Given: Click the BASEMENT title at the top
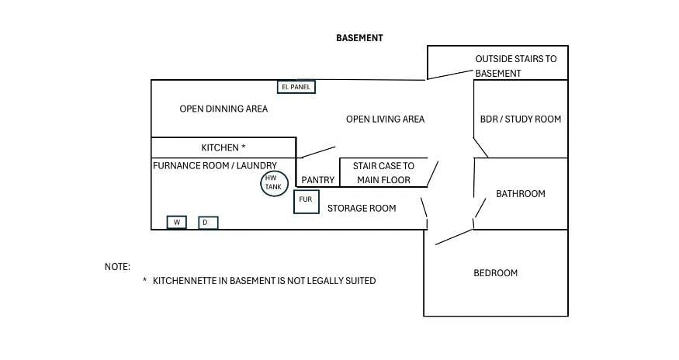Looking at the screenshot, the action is [x=359, y=38].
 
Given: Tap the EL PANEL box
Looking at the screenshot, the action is [x=296, y=87].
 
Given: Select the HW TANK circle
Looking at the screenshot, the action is [x=274, y=183].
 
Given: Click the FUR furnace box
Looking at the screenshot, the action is [x=307, y=202].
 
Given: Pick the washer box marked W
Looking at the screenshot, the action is [x=177, y=222].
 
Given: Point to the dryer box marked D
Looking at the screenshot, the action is [x=208, y=223].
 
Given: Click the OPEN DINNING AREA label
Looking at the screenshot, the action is [x=223, y=109].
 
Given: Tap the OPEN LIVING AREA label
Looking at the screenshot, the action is [x=385, y=119].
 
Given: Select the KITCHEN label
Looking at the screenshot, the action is [x=220, y=147].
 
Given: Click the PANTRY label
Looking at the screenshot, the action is [x=318, y=180].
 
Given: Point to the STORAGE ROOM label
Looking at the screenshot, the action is [x=362, y=209].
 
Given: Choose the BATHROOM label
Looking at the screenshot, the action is [x=521, y=194].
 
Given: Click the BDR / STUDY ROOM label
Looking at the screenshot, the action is [x=521, y=119].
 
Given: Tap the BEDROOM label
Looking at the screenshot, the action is [x=495, y=273].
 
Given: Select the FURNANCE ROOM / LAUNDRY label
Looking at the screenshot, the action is [x=215, y=165].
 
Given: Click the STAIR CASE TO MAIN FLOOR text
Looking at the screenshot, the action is [x=383, y=173].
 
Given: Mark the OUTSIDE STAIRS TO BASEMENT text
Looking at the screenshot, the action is [x=516, y=66].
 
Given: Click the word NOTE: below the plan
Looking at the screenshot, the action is [x=117, y=267].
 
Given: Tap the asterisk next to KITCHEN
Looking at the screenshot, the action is [x=244, y=147].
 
